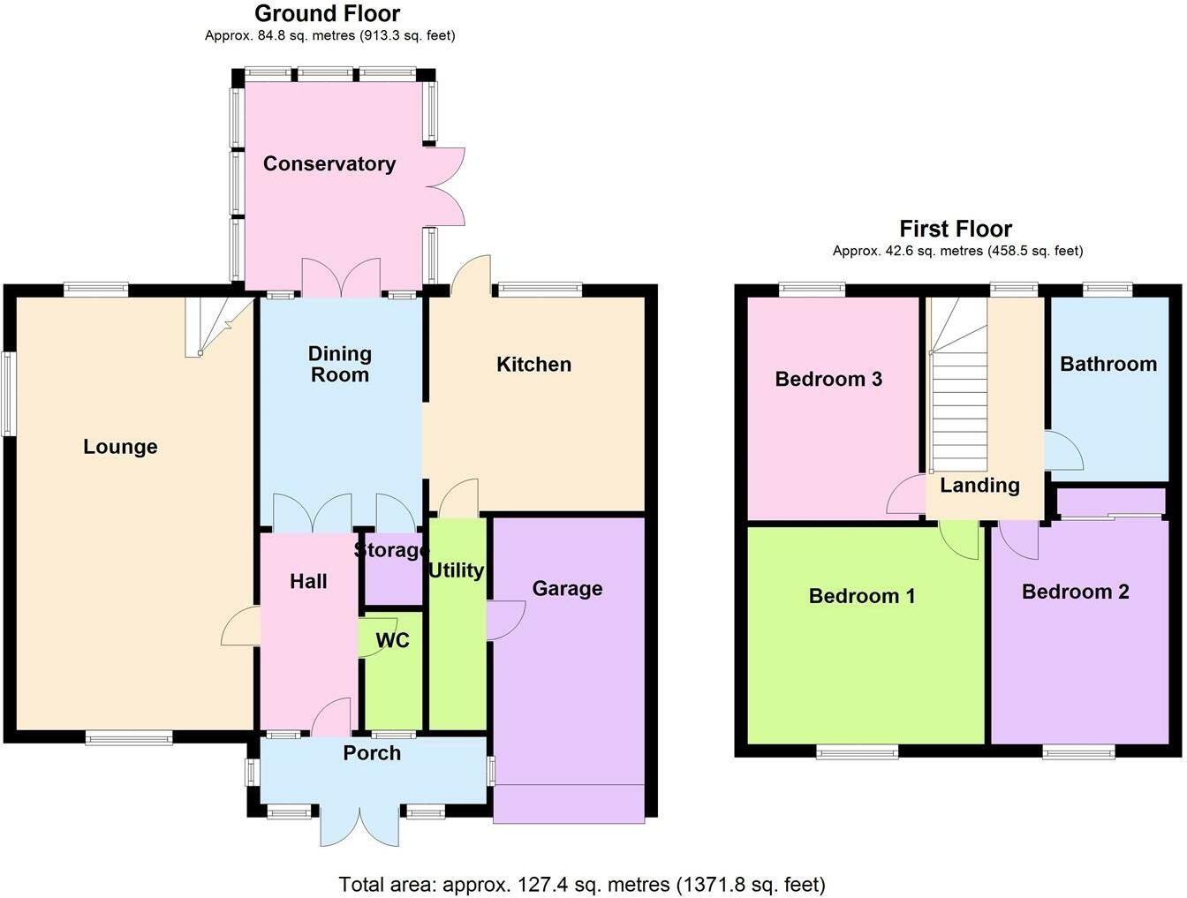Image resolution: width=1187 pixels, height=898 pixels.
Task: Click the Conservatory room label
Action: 329,164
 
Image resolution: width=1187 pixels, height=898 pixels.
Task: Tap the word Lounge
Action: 121,447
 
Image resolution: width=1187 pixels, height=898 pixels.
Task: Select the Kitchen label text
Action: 533,365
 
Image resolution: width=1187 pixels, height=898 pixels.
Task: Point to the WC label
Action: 393,641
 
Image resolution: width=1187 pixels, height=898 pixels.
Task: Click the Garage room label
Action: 567,589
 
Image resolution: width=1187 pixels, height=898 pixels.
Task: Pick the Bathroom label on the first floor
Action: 1108,364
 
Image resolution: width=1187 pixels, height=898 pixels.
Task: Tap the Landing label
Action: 979,486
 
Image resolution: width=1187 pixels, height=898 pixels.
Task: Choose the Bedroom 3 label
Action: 828,379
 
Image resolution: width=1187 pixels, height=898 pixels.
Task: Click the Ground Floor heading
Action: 327,13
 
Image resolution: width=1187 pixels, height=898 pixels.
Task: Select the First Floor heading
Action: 956,230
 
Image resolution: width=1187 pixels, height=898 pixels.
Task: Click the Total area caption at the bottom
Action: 582,885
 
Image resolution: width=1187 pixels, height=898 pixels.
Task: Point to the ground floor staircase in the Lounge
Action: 220,327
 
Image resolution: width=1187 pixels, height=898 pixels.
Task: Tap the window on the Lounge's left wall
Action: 7,394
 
